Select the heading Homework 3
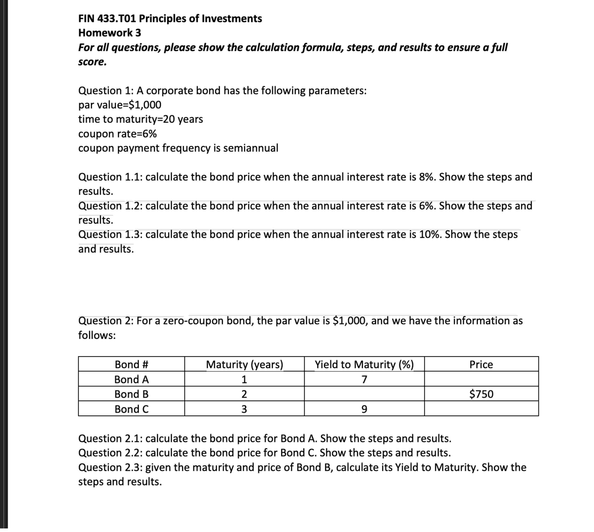(110, 33)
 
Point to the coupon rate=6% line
(117, 134)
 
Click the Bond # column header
(132, 364)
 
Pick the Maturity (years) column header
(244, 364)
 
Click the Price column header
(481, 364)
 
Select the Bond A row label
(132, 379)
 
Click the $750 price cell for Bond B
(481, 394)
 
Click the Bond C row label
(132, 409)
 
